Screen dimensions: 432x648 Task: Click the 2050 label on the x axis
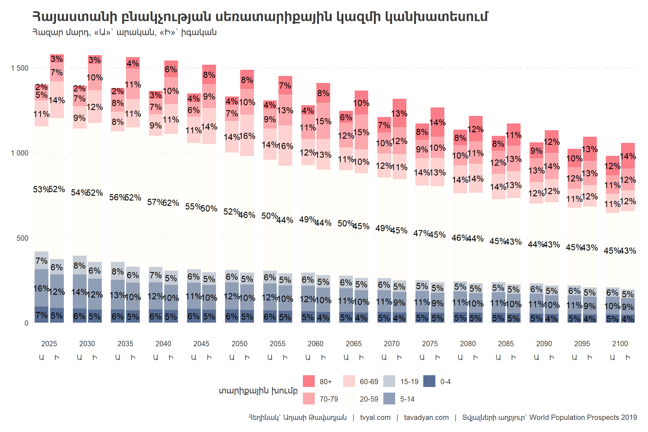coord(239,344)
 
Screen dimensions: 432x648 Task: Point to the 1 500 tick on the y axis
coord(20,68)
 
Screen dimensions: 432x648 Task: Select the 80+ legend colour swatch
coord(309,381)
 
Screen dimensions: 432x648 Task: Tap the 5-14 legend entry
coord(407,399)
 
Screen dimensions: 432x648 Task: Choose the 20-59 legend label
coord(369,399)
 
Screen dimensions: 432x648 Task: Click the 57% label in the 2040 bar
coord(155,202)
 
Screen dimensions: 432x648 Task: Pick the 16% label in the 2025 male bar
coord(41,288)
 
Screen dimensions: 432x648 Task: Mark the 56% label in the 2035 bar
coord(117,197)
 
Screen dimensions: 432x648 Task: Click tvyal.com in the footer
coord(375,417)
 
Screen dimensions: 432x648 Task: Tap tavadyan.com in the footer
coord(426,417)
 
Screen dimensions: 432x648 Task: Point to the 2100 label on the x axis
coord(620,344)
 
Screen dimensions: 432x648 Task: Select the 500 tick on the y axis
coord(22,238)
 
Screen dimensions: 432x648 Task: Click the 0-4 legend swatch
coord(429,381)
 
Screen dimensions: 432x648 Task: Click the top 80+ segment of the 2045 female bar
coord(209,75)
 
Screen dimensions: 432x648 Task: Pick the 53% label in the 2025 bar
coord(41,189)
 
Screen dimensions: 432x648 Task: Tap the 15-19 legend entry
coord(409,381)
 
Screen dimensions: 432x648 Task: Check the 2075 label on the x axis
coord(430,344)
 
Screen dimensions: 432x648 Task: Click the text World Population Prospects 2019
coord(583,417)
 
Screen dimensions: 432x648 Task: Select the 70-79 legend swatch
coord(309,399)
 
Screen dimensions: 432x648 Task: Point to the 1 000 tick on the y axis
coord(20,153)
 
